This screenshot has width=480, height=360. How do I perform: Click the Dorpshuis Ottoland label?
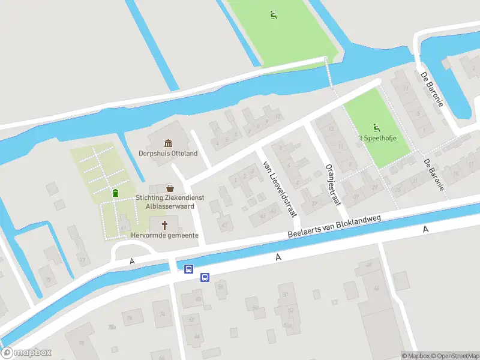point(168,153)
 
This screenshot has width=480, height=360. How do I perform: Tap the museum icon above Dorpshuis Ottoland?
point(168,143)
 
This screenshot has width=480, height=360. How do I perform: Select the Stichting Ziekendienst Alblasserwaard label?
point(169,197)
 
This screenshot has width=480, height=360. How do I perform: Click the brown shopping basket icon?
point(170,187)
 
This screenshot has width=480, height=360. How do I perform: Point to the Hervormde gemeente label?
point(166,235)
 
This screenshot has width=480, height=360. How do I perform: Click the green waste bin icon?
point(115,193)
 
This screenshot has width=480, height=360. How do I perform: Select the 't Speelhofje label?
point(377,138)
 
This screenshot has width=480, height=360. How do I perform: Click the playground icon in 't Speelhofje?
point(376,127)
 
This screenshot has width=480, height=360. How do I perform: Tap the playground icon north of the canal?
point(274,15)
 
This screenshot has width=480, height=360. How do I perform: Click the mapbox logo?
point(26,353)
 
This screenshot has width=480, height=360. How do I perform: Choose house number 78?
point(128,317)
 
